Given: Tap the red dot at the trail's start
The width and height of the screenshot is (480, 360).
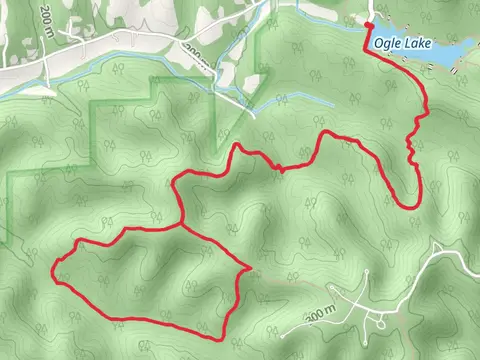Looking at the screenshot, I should [x=368, y=28].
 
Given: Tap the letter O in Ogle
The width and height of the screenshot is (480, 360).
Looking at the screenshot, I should [x=378, y=43].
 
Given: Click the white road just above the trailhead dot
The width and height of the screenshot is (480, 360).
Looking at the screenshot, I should [x=369, y=12].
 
